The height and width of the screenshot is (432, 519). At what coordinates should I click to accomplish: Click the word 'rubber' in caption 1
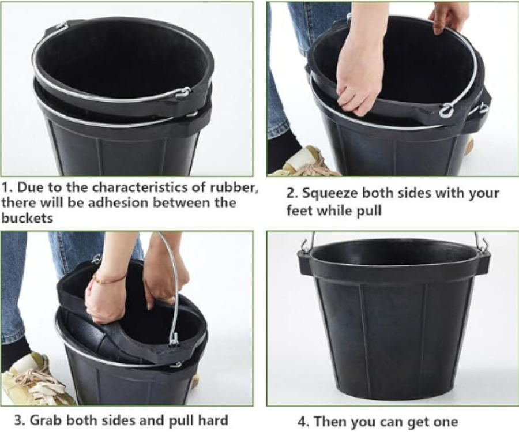pos(234,187)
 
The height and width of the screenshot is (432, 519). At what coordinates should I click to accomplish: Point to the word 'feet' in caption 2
pos(299,210)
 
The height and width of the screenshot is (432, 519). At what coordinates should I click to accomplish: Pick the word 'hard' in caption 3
pos(213,420)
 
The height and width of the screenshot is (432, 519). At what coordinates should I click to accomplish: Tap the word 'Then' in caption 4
pos(330,422)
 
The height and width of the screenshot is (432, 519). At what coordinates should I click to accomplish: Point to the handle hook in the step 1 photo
pos(183,92)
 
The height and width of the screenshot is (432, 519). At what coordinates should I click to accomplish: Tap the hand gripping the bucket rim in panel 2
pos(444,19)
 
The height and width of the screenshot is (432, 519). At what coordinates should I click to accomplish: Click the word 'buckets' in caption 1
pos(28,218)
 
